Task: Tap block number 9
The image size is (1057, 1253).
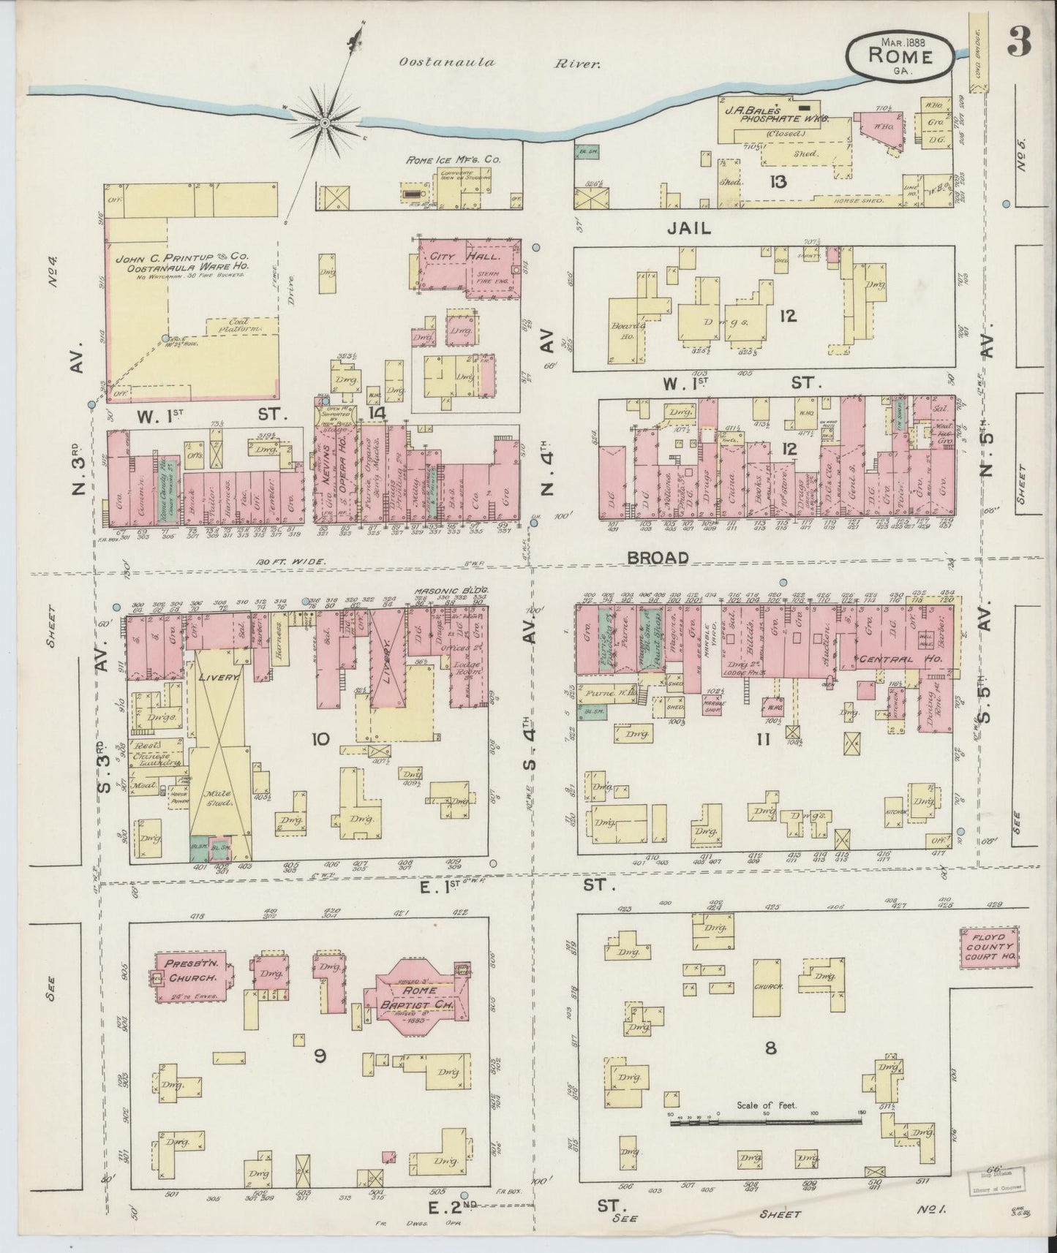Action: coord(319,1055)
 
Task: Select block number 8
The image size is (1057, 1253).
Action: coord(770,1048)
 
